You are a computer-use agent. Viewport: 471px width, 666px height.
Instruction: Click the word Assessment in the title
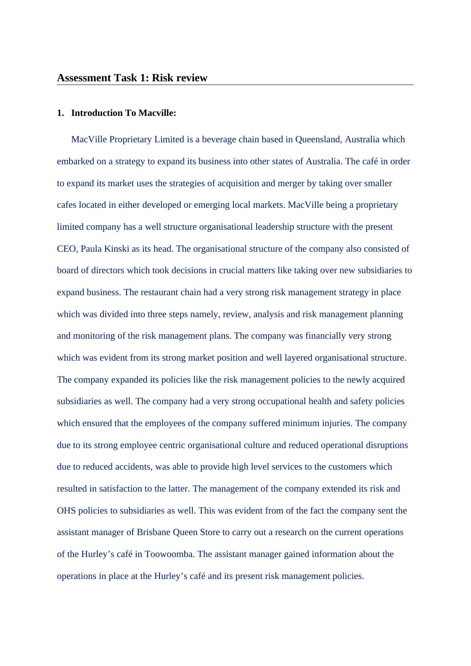click(83, 78)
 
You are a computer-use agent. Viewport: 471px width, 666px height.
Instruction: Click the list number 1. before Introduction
click(60, 113)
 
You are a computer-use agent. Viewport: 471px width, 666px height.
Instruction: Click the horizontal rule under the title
click(235, 85)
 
